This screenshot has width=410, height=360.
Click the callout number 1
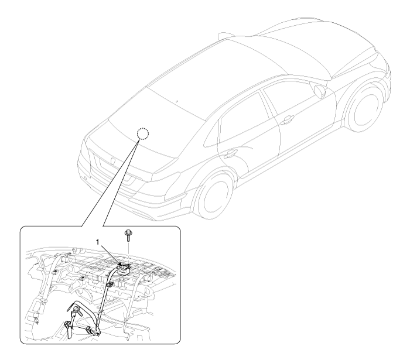(98, 242)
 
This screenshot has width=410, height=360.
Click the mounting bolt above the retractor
(128, 235)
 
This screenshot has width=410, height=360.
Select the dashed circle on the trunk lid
(143, 134)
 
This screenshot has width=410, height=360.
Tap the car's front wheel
(365, 108)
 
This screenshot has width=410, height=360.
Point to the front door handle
(287, 119)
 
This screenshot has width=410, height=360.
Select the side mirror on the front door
(320, 91)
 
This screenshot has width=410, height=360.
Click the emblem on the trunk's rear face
(113, 160)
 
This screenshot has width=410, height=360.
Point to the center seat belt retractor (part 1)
(124, 269)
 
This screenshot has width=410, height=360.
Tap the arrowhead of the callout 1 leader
(119, 265)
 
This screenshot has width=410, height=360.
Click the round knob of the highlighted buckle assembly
(76, 310)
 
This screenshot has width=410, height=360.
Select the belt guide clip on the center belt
(110, 284)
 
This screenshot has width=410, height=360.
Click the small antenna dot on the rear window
(176, 101)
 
